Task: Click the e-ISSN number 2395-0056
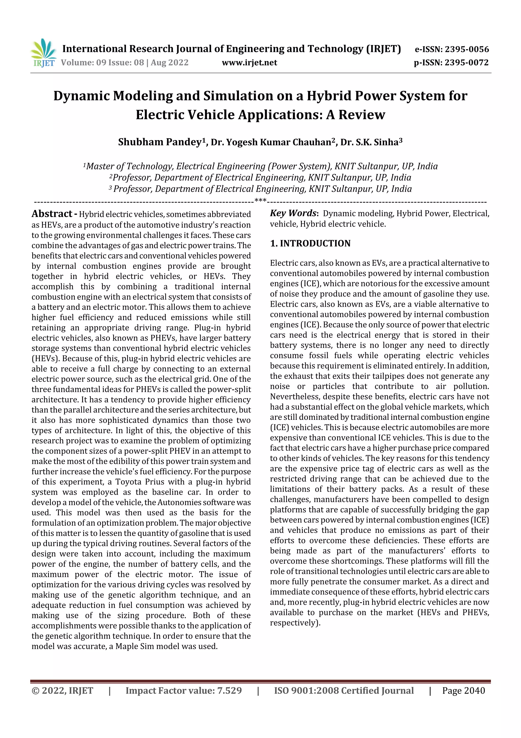pos(466,49)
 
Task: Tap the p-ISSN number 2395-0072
pos(466,62)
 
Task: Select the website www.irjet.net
pos(249,62)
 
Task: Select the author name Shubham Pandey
pos(160,142)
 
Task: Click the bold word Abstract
pos(52,214)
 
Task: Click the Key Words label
pos(293,213)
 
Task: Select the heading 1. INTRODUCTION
pos(310,243)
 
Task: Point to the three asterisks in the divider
pos(260,201)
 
